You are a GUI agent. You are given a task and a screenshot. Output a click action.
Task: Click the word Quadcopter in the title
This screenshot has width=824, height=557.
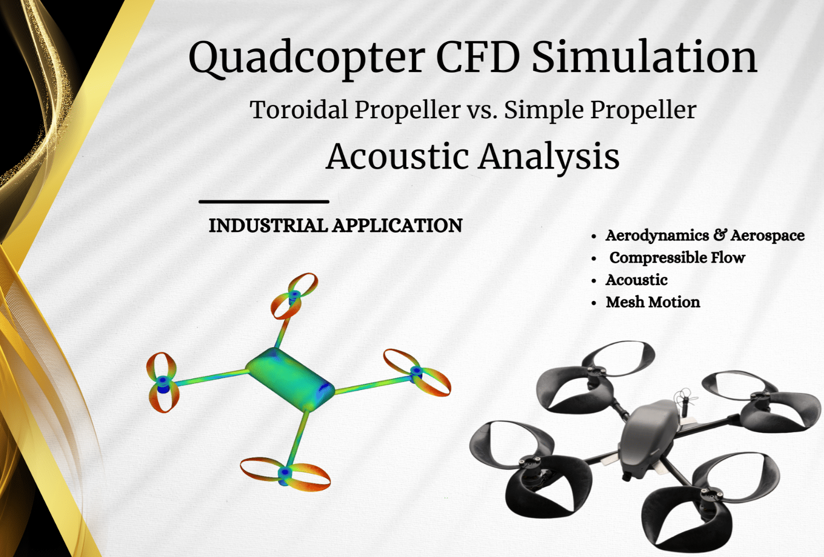pyautogui.click(x=307, y=59)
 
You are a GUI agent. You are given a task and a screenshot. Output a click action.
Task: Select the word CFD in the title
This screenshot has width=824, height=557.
pyautogui.click(x=478, y=57)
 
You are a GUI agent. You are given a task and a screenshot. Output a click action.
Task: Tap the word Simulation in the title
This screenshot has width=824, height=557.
pyautogui.click(x=644, y=57)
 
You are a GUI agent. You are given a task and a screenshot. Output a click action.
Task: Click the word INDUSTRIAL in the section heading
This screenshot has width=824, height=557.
pyautogui.click(x=268, y=225)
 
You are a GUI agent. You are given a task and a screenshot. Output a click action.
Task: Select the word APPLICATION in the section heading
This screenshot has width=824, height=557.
pyautogui.click(x=397, y=225)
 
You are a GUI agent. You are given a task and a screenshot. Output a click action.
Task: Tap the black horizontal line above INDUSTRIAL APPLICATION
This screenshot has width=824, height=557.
pyautogui.click(x=264, y=201)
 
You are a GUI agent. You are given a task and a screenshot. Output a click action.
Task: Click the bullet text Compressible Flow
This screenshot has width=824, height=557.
pyautogui.click(x=677, y=258)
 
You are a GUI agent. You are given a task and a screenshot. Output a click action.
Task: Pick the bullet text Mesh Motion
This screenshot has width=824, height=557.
pyautogui.click(x=653, y=302)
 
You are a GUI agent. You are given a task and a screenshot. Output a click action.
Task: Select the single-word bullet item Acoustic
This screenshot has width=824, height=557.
pyautogui.click(x=636, y=280)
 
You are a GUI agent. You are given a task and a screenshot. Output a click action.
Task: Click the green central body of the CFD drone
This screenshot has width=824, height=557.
pyautogui.click(x=290, y=379)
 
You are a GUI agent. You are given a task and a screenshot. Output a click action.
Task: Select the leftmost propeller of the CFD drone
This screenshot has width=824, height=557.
pyautogui.click(x=163, y=382)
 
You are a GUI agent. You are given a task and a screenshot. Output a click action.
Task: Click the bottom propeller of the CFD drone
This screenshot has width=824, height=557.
pyautogui.click(x=285, y=474)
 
